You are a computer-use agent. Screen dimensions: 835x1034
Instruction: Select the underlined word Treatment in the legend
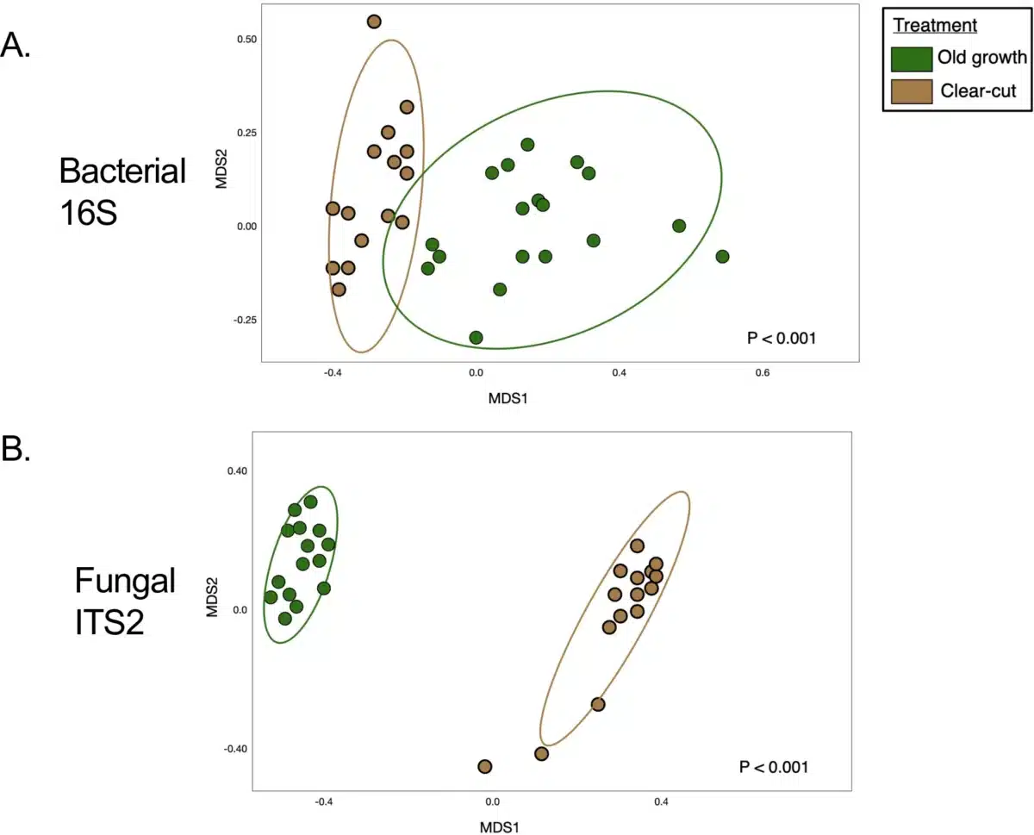click(934, 26)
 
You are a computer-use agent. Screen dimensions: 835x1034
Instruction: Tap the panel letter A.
click(16, 44)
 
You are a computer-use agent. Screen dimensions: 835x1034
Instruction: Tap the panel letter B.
click(16, 450)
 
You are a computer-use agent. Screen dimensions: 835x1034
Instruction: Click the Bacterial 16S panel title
click(121, 191)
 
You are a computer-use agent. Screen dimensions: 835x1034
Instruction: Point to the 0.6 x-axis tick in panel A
click(762, 373)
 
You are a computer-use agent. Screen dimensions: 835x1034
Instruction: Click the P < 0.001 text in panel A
click(781, 339)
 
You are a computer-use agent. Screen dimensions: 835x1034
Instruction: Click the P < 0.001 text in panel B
click(773, 766)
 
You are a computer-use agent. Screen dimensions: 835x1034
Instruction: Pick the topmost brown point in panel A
click(374, 22)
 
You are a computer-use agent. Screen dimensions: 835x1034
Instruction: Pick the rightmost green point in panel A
click(722, 257)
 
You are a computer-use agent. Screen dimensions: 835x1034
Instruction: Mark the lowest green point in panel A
click(476, 337)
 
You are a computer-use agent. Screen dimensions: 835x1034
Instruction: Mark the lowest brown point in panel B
click(484, 766)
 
